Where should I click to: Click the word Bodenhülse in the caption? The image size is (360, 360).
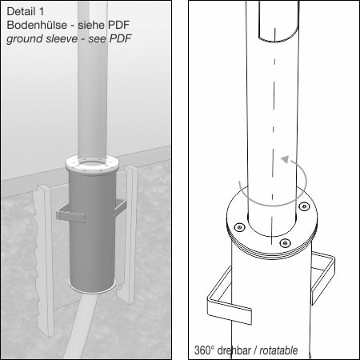point(37,25)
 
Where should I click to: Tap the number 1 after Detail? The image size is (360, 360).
point(41,11)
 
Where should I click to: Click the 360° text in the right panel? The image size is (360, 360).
point(204,350)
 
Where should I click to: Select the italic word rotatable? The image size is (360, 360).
point(278,350)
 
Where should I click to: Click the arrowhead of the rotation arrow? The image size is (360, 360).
point(286,159)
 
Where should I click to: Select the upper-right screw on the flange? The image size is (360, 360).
point(304,206)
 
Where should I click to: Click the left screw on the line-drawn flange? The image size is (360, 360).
point(240,227)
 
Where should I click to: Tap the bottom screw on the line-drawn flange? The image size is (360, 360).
point(286,243)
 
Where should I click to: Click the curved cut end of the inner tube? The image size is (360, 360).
point(278,38)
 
